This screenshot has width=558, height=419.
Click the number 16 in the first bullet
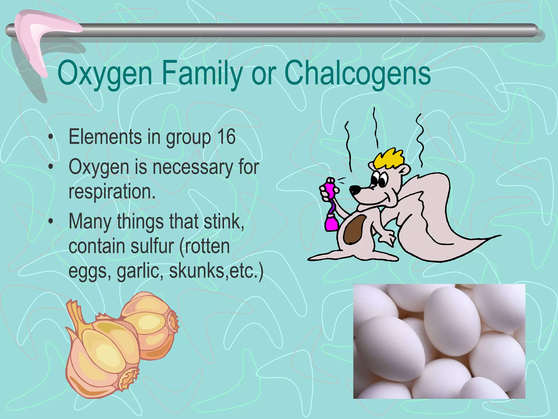pyautogui.click(x=226, y=137)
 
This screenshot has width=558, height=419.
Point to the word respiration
pyautogui.click(x=112, y=191)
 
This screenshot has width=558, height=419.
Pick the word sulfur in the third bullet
pyautogui.click(x=152, y=246)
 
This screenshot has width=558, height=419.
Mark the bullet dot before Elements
pyautogui.click(x=50, y=137)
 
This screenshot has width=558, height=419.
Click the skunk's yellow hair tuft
pyautogui.click(x=389, y=158)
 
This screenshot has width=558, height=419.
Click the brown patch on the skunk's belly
pyautogui.click(x=354, y=229)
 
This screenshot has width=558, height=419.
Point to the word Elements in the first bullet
pyautogui.click(x=105, y=137)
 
